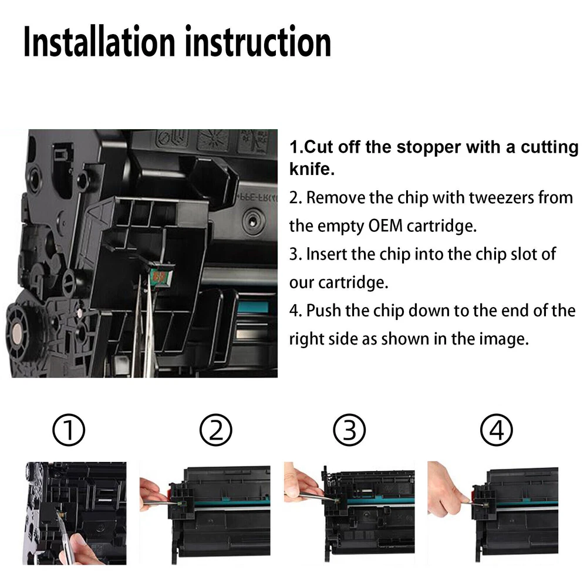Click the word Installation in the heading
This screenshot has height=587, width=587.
click(x=99, y=41)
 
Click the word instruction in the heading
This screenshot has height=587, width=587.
click(x=258, y=41)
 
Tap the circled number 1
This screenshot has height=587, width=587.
click(x=69, y=430)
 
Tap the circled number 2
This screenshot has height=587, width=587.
click(x=215, y=430)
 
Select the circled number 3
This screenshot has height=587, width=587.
click(x=349, y=430)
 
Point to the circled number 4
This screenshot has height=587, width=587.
click(x=497, y=430)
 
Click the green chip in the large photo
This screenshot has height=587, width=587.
click(x=160, y=276)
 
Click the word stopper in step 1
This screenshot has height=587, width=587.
click(x=429, y=147)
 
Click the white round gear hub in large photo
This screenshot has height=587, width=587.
click(x=17, y=332)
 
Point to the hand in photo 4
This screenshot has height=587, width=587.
click(x=447, y=488)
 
